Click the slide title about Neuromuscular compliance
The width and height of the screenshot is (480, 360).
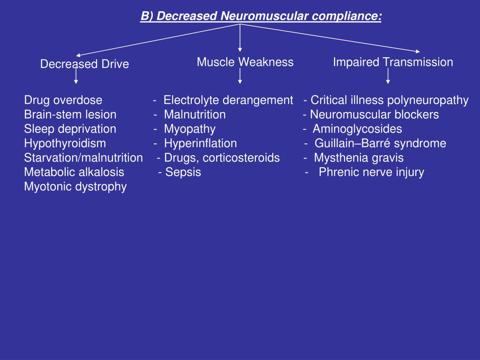pos(261,16)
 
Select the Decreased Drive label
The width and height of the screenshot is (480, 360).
pos(84,64)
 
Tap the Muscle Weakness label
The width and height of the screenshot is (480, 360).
pos(245,62)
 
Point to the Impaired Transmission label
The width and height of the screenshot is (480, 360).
pos(393,62)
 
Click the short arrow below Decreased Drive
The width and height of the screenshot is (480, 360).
pos(76,77)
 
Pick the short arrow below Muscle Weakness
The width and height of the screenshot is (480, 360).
pos(240,76)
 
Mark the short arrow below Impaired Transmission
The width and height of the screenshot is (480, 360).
pos(388,76)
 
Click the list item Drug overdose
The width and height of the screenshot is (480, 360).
pos(63,100)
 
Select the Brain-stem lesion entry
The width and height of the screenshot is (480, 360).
pos(70,114)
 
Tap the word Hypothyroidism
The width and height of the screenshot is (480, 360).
pos(65,143)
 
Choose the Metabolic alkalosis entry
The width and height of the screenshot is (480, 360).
pos(74,172)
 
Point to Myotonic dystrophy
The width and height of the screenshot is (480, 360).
pos(75,187)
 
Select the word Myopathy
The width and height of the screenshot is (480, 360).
pos(190,129)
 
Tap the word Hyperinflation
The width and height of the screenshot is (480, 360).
pos(201,143)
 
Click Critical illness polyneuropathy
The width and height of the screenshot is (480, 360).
pos(390,100)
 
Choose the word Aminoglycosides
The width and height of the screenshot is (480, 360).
pos(357,129)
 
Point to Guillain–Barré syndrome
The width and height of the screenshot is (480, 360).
pos(380,143)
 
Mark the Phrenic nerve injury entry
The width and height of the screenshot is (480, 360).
pos(371,172)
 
